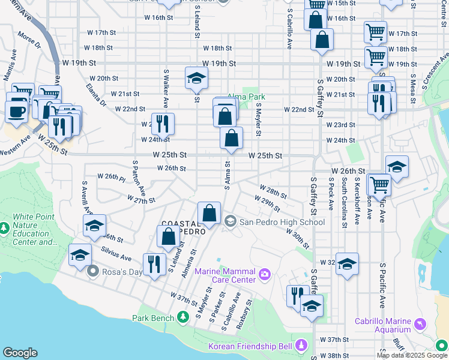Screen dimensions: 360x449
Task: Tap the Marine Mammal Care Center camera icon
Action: (x=265, y=275)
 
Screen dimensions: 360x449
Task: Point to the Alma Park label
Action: (x=246, y=96)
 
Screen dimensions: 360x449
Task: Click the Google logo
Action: (x=20, y=353)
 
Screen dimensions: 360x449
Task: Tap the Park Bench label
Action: (x=152, y=318)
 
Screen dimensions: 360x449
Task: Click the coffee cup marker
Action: (x=16, y=112)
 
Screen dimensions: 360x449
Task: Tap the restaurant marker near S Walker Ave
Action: (x=163, y=124)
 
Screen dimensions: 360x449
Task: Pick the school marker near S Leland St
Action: (x=196, y=79)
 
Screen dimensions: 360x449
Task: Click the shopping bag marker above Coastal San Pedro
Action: (x=209, y=213)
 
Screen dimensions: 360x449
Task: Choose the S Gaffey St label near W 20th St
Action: (x=321, y=98)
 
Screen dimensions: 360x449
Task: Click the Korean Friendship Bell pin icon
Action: (x=301, y=346)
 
